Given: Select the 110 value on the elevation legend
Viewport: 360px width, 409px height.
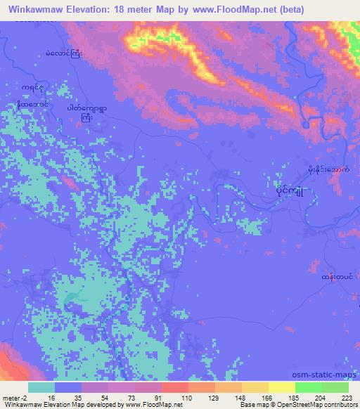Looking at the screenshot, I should click(x=188, y=396).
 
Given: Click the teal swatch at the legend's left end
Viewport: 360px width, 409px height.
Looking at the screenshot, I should click(x=41, y=387).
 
